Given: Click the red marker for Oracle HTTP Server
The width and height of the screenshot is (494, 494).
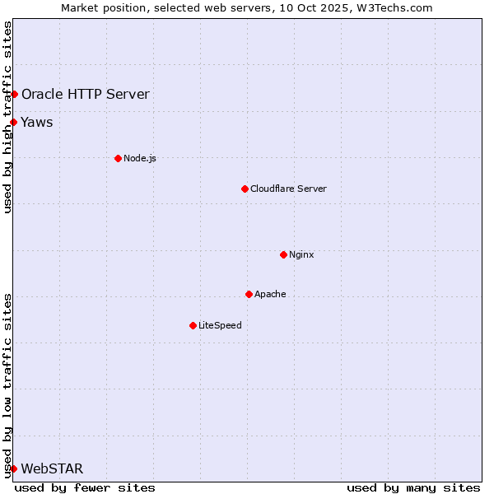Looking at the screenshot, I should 14,94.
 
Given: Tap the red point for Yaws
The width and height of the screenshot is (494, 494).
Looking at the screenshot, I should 14,123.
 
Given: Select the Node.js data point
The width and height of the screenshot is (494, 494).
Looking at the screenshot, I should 118,158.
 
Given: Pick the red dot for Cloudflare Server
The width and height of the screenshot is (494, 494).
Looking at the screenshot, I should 245,189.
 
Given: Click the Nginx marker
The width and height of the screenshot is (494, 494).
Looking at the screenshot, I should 283,254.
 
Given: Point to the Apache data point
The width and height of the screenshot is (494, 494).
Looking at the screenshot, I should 249,294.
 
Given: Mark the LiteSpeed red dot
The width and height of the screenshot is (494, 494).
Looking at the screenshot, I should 193,325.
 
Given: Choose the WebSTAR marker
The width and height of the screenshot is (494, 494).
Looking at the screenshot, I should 14,468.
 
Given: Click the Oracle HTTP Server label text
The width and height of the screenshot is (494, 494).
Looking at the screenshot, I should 86,94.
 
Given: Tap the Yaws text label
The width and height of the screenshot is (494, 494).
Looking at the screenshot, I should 37,123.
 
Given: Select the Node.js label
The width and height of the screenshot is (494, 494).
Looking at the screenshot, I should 140,158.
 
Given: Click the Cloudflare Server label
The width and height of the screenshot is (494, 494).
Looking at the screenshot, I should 288,189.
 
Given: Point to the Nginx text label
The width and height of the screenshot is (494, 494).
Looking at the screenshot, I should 301,254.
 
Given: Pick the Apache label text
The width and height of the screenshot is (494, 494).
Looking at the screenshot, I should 270,294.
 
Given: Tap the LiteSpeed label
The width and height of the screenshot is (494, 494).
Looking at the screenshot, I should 220,325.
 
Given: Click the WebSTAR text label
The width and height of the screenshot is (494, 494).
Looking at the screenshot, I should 52,469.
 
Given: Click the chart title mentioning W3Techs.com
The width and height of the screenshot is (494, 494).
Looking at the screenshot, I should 247,7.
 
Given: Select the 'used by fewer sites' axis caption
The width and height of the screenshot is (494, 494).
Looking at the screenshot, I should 85,487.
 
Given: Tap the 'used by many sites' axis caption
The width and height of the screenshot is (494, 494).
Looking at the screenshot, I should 413,487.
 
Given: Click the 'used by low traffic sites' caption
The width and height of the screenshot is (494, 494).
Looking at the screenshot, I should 7,384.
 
